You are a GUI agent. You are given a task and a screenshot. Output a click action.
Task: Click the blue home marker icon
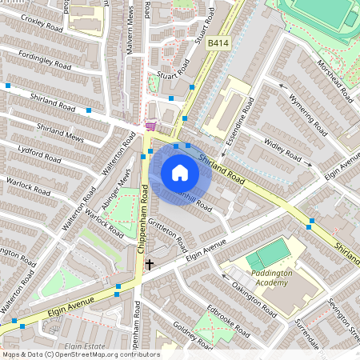180,173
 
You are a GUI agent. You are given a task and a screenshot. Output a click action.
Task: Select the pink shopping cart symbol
150,126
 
